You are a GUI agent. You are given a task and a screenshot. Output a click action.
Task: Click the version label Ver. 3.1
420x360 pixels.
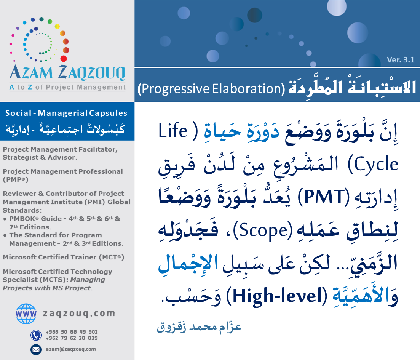coord(401,59)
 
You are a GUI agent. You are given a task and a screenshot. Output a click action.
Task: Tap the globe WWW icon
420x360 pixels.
coord(26,314)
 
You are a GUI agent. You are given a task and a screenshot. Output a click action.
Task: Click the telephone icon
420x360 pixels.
coord(36,335)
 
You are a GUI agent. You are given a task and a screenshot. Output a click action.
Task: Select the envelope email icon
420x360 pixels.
coord(36,349)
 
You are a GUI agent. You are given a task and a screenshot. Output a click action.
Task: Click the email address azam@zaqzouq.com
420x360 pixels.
coord(70,349)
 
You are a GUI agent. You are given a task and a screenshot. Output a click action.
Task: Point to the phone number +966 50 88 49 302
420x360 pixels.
coord(71,332)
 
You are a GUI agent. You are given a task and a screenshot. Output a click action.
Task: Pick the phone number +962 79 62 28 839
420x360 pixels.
coord(71,338)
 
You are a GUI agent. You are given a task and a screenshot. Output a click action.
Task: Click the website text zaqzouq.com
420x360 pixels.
coord(79,314)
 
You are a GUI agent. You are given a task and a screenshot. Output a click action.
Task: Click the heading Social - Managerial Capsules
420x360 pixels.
coord(66,113)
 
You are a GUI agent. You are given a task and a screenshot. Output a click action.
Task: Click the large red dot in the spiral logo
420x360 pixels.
coord(64,59)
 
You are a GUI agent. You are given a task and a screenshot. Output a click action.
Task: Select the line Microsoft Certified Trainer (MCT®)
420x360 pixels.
coord(64,257)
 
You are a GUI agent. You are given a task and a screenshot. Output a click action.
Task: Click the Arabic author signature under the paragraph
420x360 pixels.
coord(199,327)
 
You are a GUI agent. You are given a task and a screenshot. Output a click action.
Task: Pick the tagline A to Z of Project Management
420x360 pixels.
coord(67,87)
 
